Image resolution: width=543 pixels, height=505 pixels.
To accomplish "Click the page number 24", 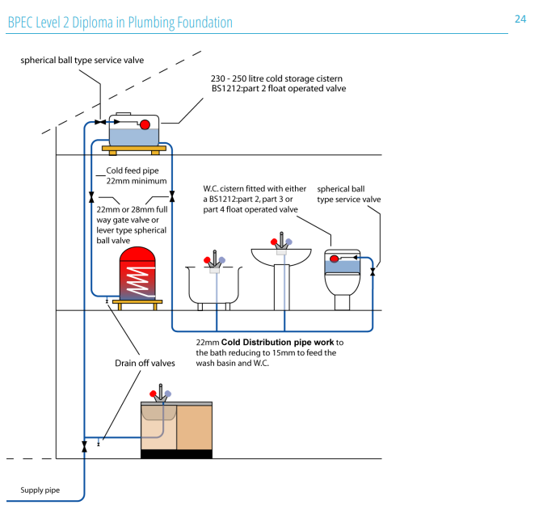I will pyautogui.click(x=520, y=18).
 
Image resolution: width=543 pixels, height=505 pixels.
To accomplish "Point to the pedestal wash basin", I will pyautogui.click(x=280, y=267).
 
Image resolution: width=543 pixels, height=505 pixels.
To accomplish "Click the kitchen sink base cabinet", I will pyautogui.click(x=176, y=428).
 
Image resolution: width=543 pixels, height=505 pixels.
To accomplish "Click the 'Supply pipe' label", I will pyautogui.click(x=40, y=490).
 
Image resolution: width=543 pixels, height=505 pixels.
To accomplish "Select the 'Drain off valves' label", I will pyautogui.click(x=145, y=364).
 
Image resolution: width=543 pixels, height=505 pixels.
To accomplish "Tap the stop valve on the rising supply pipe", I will pyautogui.click(x=84, y=446).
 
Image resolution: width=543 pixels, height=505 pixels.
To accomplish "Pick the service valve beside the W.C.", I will pyautogui.click(x=373, y=273).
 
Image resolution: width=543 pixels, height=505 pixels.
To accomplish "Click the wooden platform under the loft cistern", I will pyautogui.click(x=134, y=149).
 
